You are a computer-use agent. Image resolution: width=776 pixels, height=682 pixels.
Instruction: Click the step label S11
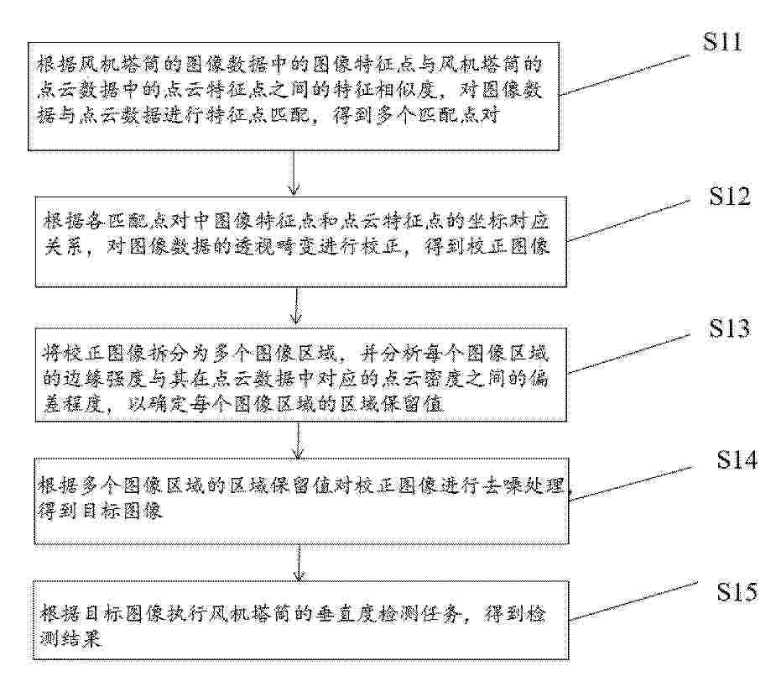723,42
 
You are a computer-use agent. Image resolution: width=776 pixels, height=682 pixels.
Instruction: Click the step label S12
730,197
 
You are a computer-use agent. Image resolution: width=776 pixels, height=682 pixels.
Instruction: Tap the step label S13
730,328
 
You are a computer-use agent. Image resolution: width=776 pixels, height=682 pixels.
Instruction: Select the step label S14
737,460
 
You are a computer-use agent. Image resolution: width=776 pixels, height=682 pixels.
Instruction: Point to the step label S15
737,591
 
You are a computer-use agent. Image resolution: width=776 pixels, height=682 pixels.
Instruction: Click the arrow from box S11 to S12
294,173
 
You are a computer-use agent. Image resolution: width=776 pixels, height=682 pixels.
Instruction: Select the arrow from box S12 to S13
296,306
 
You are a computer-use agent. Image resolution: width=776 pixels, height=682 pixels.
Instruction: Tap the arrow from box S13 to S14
298,440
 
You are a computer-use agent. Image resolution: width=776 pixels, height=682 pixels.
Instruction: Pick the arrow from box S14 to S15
299,563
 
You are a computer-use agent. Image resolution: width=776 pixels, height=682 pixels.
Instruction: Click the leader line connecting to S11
625,75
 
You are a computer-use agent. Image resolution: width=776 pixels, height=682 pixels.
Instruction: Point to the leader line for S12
628,221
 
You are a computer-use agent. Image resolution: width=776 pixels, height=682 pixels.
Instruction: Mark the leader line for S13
628,354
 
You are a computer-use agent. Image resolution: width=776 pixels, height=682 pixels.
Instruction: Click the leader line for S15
633,601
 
